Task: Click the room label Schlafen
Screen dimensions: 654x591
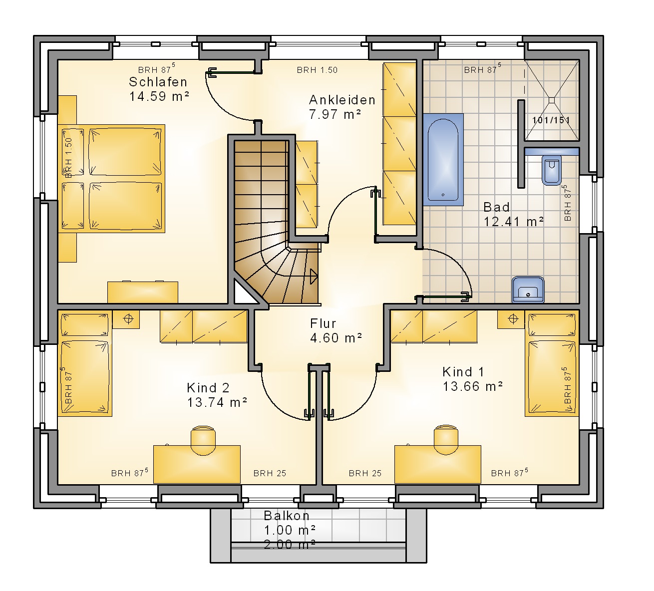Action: [158, 82]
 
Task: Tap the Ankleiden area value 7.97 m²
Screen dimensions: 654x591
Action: [335, 114]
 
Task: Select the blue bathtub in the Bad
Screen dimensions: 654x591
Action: [443, 160]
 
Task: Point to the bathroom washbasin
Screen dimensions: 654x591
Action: [528, 290]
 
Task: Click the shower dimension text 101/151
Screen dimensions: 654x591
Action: [551, 120]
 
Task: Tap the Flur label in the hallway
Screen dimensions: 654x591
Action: [323, 323]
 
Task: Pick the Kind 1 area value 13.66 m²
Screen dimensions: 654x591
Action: [472, 387]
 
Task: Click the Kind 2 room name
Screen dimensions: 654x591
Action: [208, 388]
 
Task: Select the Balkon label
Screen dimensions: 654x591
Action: [286, 516]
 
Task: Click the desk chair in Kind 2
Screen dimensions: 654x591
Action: [203, 440]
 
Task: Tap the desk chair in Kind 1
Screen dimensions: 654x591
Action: [446, 440]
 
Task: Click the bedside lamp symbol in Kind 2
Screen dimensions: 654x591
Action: [129, 318]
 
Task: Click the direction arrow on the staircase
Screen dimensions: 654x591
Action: [314, 277]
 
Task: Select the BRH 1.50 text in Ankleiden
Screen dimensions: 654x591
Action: [317, 70]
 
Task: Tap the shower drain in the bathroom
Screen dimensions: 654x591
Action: [551, 100]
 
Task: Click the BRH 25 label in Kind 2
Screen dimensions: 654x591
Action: [270, 473]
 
